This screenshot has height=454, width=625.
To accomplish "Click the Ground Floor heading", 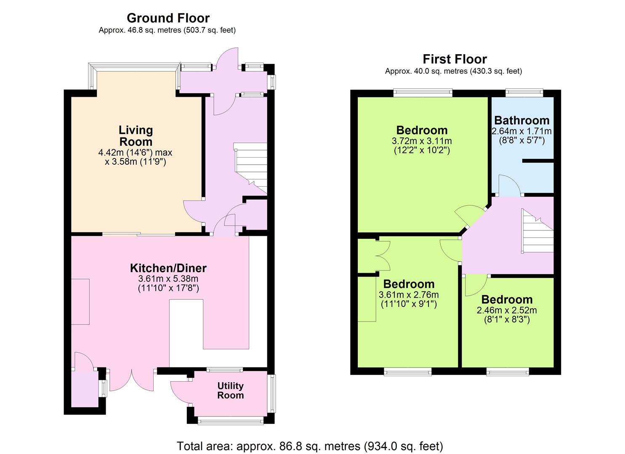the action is point(168,18).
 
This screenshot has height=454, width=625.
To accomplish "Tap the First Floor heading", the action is point(455,59).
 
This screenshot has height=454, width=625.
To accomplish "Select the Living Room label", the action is point(136,136).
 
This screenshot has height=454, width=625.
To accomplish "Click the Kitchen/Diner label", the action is point(168,268).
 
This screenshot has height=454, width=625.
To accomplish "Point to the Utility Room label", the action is point(231,391).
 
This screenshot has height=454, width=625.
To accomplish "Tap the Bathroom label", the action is point(522,120).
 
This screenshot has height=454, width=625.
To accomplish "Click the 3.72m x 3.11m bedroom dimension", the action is point(422,141).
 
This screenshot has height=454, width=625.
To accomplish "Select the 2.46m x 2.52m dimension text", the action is point(507,310).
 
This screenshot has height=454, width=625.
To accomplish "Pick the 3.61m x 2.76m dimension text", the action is point(409,295).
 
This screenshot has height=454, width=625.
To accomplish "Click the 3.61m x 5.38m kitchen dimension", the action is point(168,279).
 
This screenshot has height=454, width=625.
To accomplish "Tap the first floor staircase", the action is point(537,231).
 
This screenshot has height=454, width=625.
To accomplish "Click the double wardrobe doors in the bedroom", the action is point(383,256).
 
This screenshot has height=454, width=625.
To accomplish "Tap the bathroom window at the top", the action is point(524,92).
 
